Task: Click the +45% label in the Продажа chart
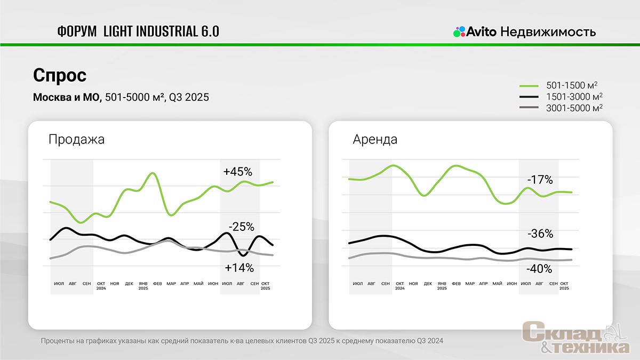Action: point(237,172)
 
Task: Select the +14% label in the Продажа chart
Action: point(239,268)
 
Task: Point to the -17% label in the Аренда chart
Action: point(540,180)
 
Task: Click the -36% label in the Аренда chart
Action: point(540,234)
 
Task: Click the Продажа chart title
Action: point(76,140)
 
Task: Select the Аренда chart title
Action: point(375,140)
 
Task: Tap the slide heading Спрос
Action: point(60,75)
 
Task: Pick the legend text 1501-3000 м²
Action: point(574,97)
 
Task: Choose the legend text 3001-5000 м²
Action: point(574,108)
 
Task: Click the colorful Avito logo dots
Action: point(459,32)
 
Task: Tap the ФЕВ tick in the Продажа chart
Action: point(157,283)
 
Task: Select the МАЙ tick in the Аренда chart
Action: point(498,283)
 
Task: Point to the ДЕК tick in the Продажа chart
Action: point(129,283)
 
